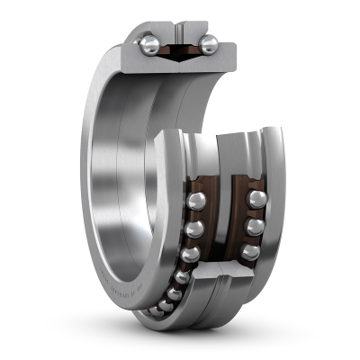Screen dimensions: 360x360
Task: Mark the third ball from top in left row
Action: pos(189,255)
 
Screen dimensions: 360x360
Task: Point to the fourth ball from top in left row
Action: pos(182,276)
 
